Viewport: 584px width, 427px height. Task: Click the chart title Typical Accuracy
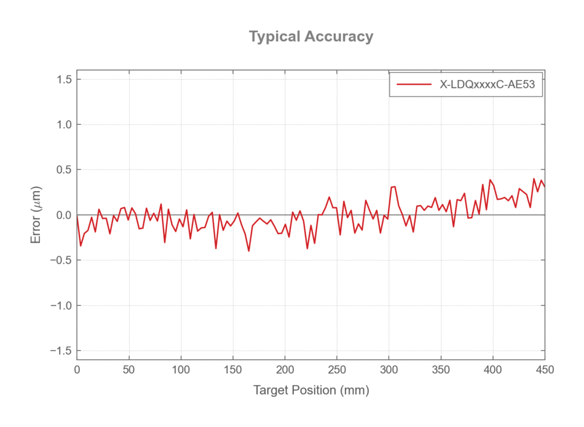point(311,36)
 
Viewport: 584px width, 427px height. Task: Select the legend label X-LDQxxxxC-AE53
point(487,85)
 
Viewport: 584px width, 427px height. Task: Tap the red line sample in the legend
point(414,85)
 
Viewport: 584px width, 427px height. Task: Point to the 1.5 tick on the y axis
point(64,79)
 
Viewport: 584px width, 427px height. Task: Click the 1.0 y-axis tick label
point(64,124)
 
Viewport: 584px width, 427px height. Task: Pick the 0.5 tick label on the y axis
point(64,170)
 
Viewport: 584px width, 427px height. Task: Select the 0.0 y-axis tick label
point(64,215)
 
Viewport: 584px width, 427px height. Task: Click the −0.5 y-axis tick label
point(61,261)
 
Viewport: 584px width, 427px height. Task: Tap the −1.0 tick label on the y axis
point(61,305)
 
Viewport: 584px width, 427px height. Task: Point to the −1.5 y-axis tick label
point(61,351)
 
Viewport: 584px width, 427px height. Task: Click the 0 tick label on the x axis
point(77,370)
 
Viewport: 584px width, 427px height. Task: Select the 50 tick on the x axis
point(129,370)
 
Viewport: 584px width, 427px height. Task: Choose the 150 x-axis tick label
point(233,370)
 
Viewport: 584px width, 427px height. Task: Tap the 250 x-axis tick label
point(337,370)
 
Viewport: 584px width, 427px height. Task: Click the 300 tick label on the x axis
point(389,370)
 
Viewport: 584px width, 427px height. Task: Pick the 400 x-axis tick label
point(493,370)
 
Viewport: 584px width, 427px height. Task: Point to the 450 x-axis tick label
point(545,370)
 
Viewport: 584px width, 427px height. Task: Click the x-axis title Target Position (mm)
point(311,390)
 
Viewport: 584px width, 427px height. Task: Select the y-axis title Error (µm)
point(36,215)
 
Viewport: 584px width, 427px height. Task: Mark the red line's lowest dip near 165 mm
point(249,251)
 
